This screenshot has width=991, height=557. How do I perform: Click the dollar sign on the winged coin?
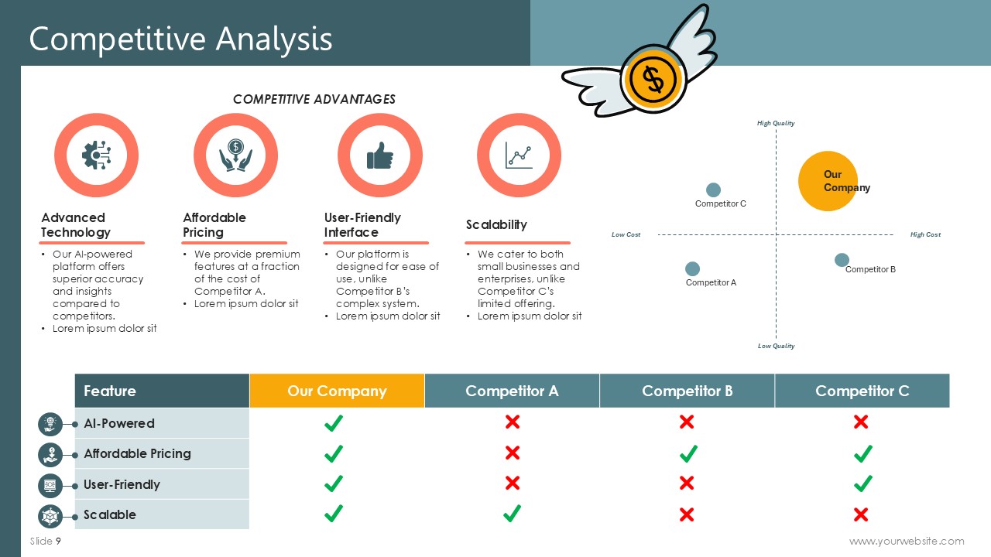pos(653,80)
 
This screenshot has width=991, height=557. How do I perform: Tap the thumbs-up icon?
pos(380,155)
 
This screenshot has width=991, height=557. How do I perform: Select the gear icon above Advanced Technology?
pos(97,155)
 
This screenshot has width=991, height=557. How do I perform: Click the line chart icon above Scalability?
pos(519,155)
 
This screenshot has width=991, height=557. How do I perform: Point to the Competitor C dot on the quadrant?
pos(713,190)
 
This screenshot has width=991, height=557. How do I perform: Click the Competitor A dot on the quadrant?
pos(692,268)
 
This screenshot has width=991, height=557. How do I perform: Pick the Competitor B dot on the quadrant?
pos(842,260)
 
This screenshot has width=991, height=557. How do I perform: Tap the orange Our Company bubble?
pos(828,181)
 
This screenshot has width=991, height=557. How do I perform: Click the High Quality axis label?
pos(776,123)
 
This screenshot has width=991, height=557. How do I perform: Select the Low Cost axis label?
pos(626,234)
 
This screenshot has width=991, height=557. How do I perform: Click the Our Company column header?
pos(337,391)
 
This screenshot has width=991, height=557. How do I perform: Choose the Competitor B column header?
pos(687,391)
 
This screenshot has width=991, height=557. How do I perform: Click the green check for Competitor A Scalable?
pos(512,514)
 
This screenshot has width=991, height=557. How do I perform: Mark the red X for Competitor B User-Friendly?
pos(687,484)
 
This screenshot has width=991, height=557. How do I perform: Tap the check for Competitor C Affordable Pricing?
pos(862,453)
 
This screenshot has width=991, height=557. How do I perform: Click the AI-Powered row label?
pos(119,423)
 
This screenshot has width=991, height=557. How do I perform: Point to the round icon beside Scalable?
pos(50,516)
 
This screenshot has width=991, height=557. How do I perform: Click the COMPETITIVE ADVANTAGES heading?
pos(314,100)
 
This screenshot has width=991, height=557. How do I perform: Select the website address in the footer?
pos(907,541)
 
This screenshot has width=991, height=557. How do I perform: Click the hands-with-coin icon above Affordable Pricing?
pos(236,155)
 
